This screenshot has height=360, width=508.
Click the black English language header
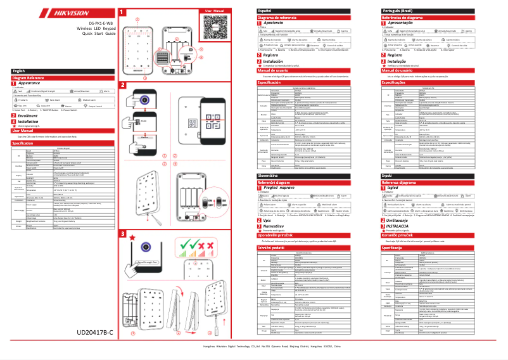point(20,71)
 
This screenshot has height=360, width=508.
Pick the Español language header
point(265,11)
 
